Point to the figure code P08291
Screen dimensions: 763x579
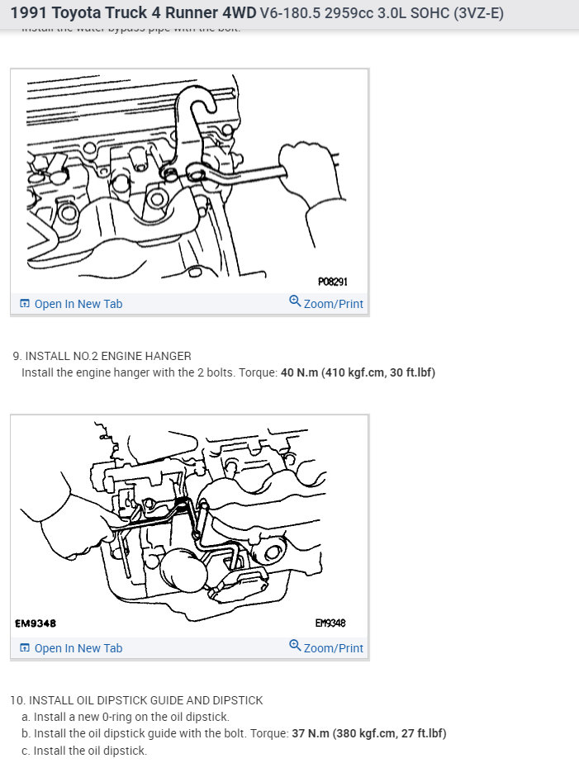(x=332, y=282)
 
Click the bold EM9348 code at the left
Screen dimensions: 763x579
(x=36, y=623)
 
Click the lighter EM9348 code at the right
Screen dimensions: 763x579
(x=330, y=623)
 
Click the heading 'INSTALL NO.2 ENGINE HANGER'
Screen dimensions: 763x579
(x=108, y=356)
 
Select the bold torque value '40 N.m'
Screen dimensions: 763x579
(x=299, y=372)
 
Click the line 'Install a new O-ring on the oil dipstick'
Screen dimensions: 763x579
(x=126, y=717)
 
